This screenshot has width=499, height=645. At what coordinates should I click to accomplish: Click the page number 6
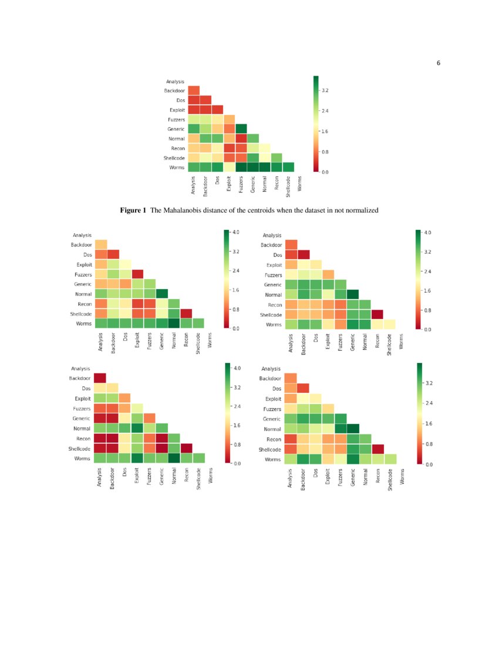[x=438, y=63]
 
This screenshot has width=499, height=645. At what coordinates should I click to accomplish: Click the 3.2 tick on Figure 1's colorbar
[x=324, y=91]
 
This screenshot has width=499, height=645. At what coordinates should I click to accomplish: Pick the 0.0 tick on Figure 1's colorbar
[x=324, y=172]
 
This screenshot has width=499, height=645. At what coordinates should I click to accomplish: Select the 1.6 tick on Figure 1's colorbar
[x=324, y=131]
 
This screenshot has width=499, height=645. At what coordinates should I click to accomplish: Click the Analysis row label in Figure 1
[x=176, y=81]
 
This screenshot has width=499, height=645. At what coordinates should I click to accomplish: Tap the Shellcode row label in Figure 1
[x=174, y=158]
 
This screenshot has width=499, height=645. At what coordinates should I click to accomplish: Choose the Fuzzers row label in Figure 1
[x=176, y=120]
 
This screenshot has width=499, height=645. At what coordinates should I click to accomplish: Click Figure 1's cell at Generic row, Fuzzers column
[x=241, y=129]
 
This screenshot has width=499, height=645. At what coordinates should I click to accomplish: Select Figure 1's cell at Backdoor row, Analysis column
[x=194, y=90]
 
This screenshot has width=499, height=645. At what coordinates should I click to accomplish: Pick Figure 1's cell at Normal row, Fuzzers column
[x=241, y=138]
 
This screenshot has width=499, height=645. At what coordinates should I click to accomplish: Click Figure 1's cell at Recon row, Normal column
[x=264, y=148]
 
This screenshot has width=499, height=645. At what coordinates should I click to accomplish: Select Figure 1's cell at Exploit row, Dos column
[x=217, y=110]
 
